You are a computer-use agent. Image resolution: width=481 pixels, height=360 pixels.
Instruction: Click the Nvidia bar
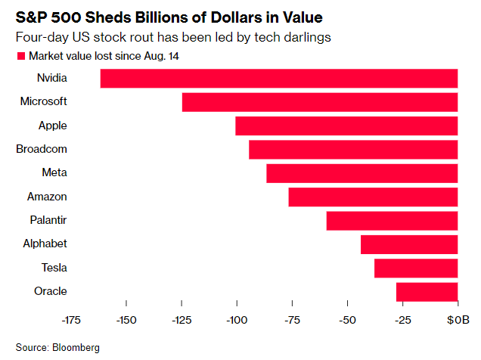pyautogui.click(x=279, y=79)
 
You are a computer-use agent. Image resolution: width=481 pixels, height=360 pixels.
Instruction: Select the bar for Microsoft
pyautogui.click(x=320, y=102)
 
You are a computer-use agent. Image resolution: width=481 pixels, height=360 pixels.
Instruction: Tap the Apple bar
pyautogui.click(x=346, y=126)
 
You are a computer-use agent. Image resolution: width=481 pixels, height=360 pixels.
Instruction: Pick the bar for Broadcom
pyautogui.click(x=353, y=150)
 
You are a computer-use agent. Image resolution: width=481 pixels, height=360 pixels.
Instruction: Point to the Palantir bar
pyautogui.click(x=392, y=220)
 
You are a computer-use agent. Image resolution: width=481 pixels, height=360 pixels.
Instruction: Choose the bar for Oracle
pyautogui.click(x=427, y=291)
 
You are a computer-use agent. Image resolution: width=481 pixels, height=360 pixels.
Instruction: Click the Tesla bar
pyautogui.click(x=416, y=268)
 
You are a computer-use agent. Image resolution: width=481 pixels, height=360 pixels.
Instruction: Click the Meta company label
pyautogui.click(x=54, y=172)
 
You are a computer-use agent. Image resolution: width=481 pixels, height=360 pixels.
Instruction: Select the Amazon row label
pyautogui.click(x=47, y=197)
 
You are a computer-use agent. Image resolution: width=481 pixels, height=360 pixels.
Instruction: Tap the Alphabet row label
pyautogui.click(x=45, y=244)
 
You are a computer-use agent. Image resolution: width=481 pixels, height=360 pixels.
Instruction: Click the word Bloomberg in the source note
pyautogui.click(x=76, y=347)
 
